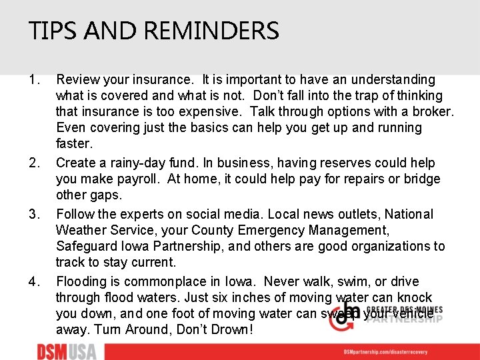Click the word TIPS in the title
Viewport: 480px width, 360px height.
point(50,31)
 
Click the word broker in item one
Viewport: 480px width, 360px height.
point(433,112)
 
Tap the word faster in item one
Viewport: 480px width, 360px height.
point(74,144)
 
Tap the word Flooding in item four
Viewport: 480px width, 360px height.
point(83,281)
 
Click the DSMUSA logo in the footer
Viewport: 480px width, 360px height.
point(66,351)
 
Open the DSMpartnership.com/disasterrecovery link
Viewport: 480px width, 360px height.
point(394,352)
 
